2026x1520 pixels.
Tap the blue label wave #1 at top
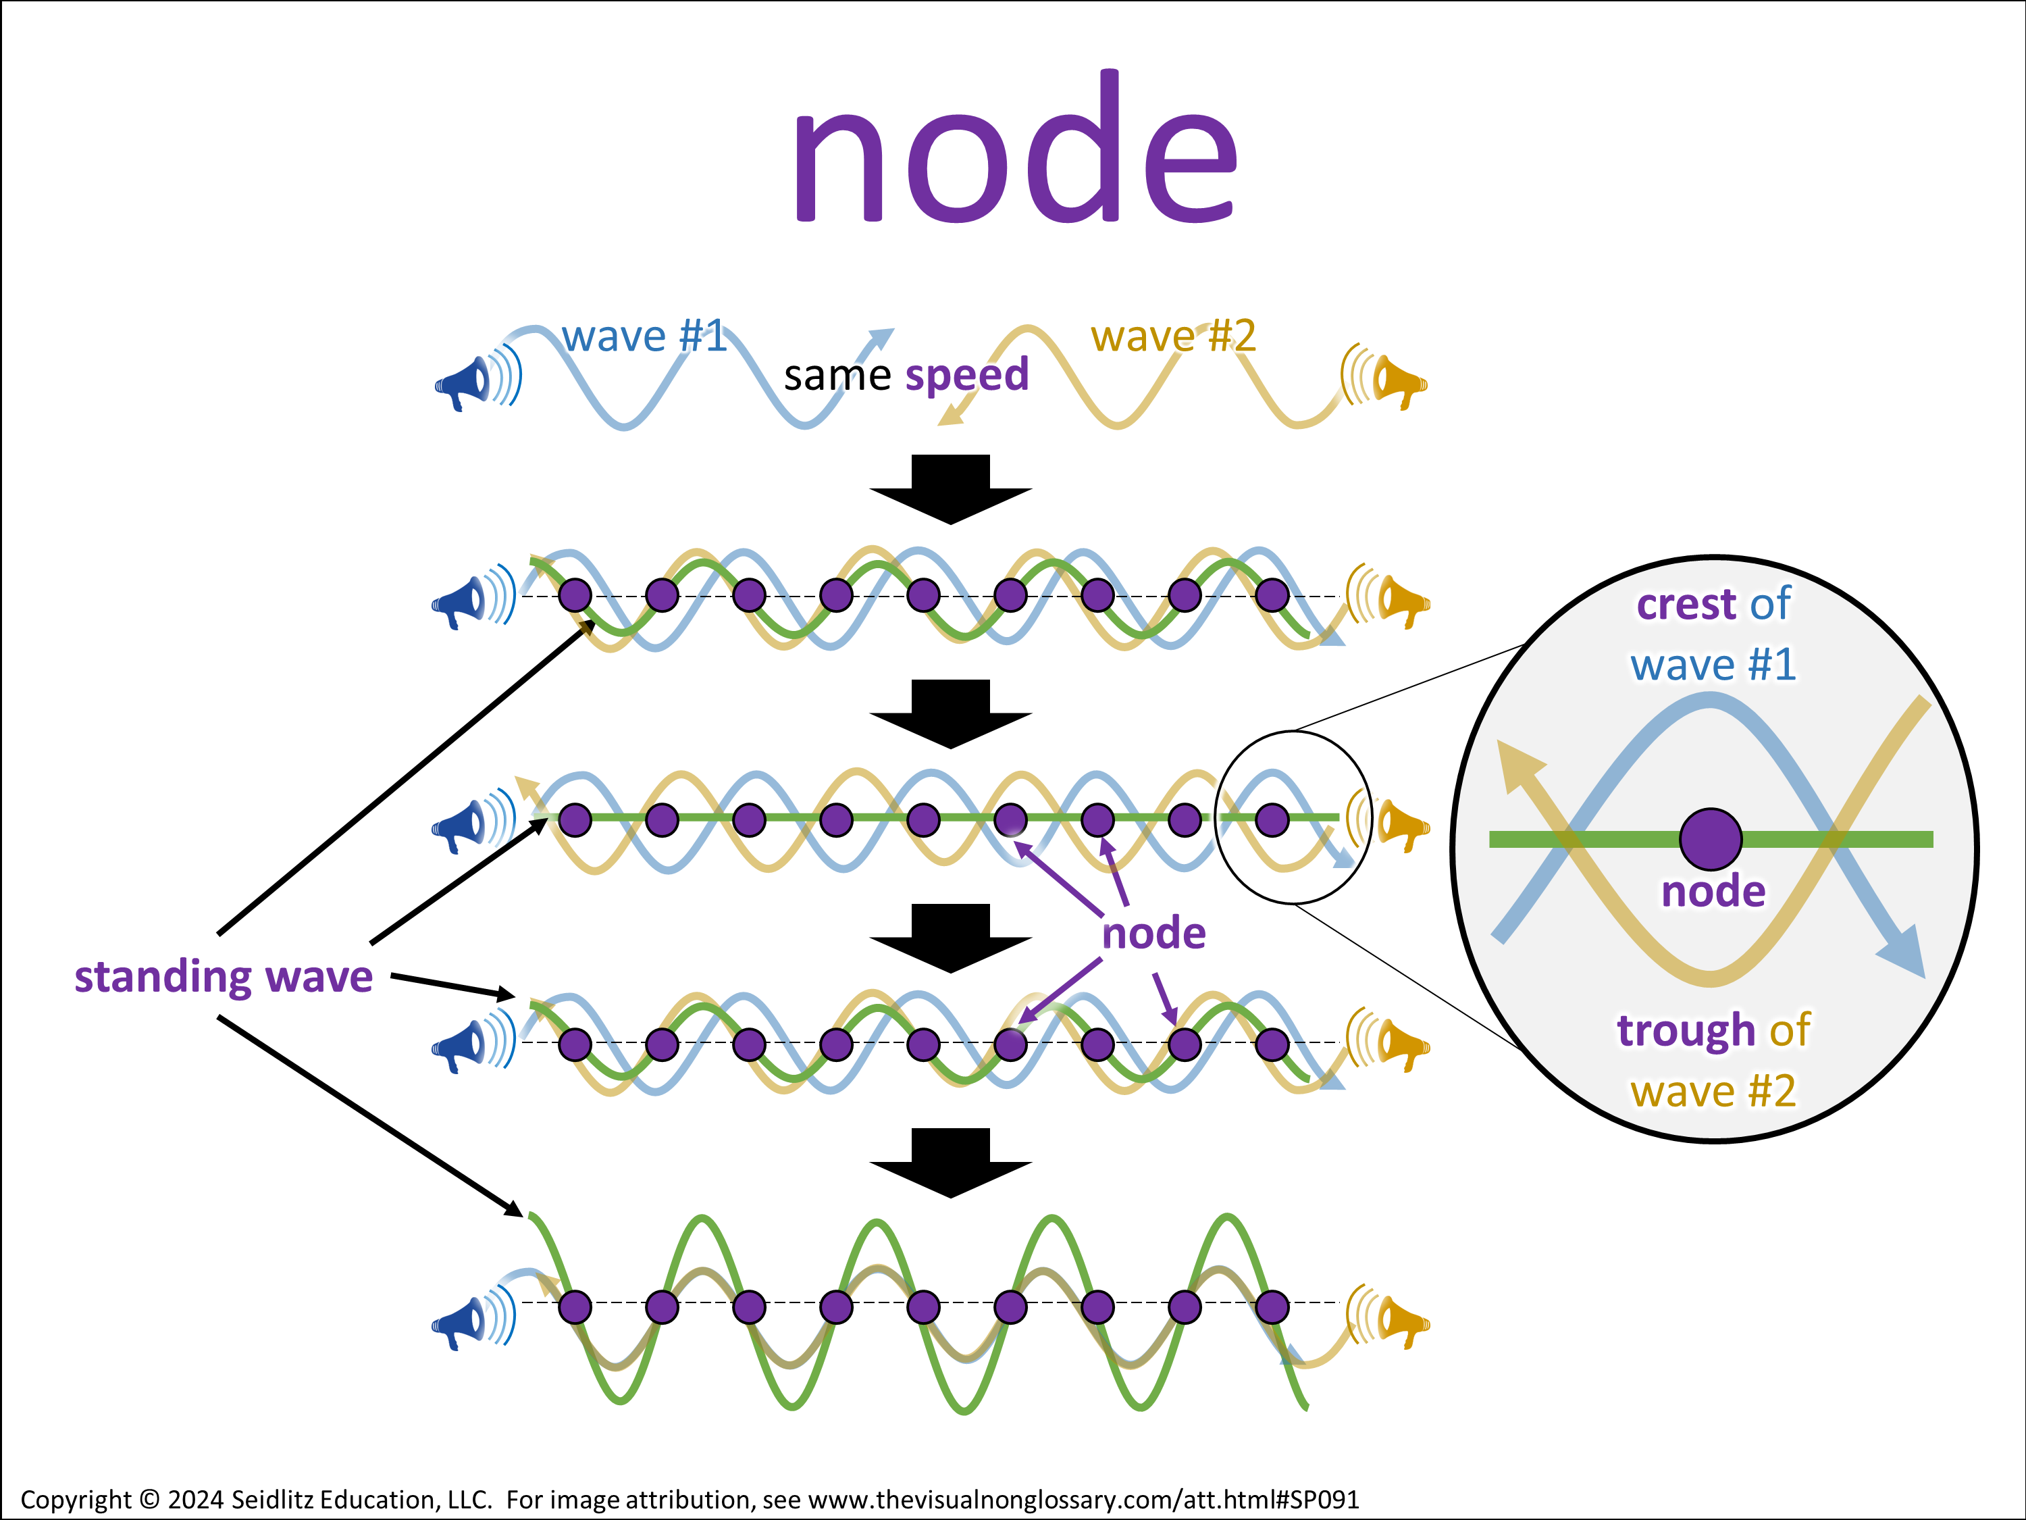pos(644,336)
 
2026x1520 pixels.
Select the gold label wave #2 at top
pos(1172,336)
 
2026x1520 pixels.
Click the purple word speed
pos(966,376)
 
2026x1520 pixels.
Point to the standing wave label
pos(224,977)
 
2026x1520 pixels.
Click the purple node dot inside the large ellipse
pos(1710,838)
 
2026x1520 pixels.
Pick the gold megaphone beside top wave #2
pos(1399,380)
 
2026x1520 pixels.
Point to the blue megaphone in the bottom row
pos(462,1322)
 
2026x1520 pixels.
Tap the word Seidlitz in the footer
pos(272,1500)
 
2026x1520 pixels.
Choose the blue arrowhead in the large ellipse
pos(1905,953)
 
